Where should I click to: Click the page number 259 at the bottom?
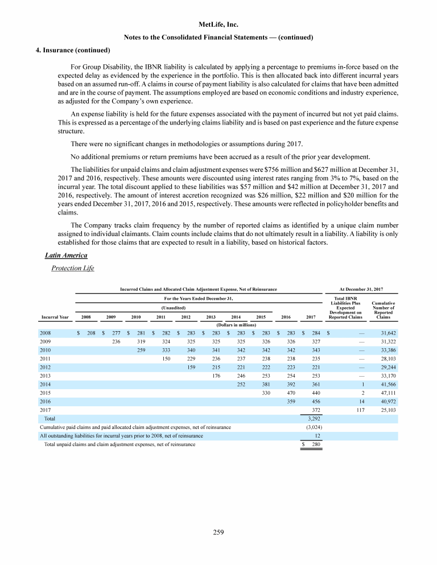click(218, 533)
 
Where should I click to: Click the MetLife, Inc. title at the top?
click(218, 24)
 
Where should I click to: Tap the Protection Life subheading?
click(72, 268)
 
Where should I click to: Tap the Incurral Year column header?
click(55, 316)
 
